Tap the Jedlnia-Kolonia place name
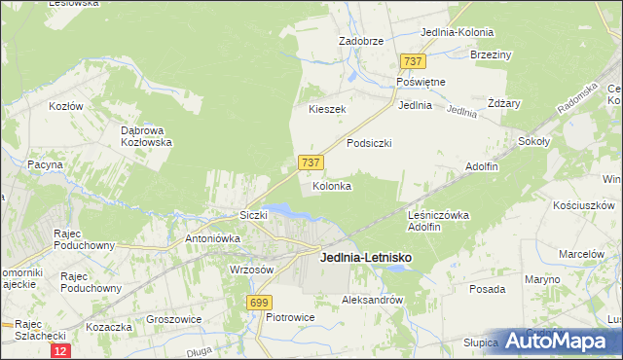point(457,32)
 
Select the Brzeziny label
point(491,54)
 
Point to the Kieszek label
point(327,109)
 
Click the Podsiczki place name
point(369,142)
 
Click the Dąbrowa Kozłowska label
point(146,135)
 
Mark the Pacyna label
point(45,164)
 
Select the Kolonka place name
point(331,185)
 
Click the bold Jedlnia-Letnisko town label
point(365,257)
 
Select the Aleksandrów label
point(372,301)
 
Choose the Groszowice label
point(173,318)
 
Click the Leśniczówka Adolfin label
point(438,221)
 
